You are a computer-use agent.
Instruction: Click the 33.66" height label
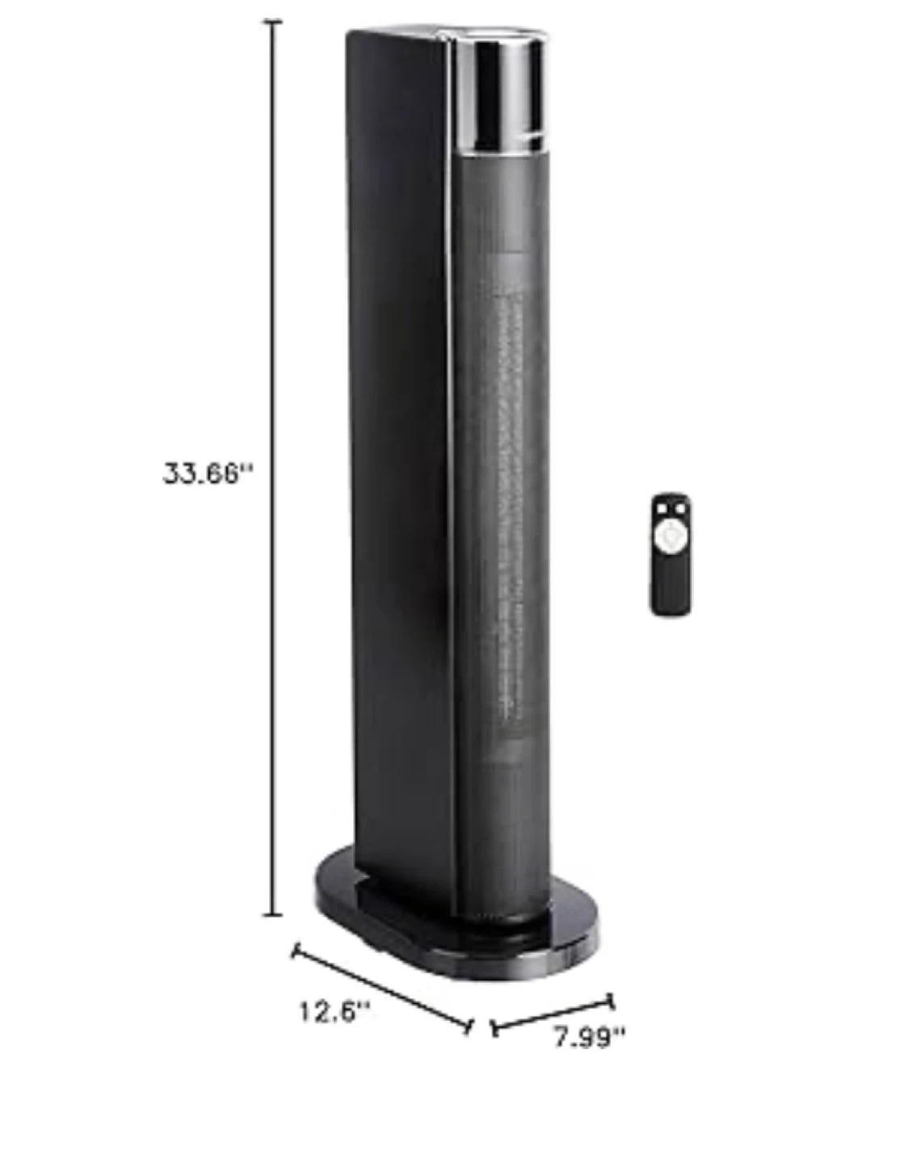207,473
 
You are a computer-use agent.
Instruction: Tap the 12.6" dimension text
334,1012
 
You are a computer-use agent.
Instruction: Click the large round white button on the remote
668,534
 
